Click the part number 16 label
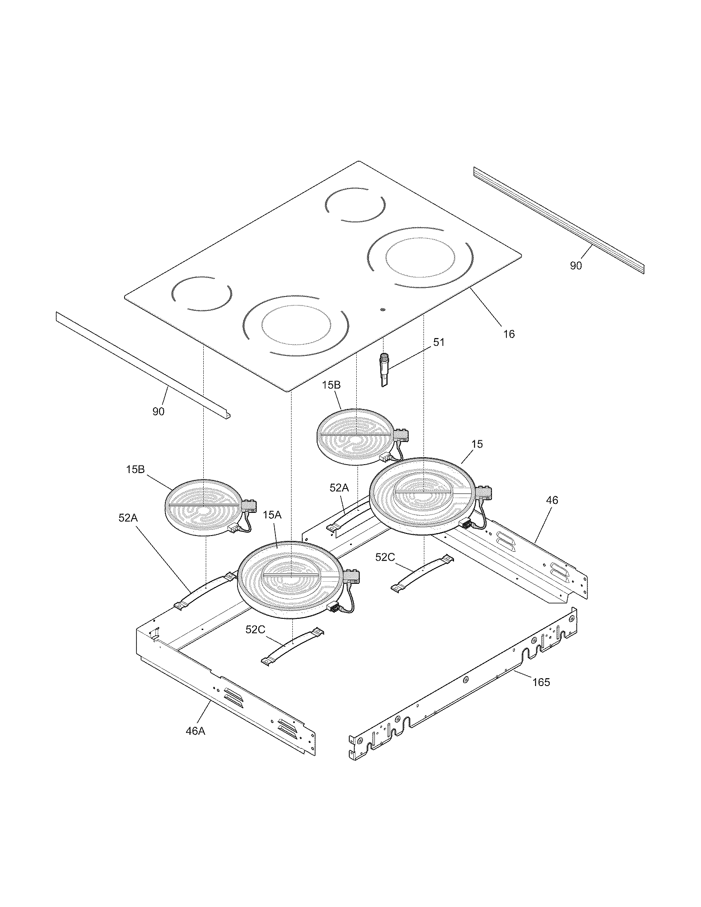click(x=509, y=334)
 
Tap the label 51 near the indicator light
click(x=439, y=343)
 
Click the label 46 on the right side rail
click(x=552, y=500)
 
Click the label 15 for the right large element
click(x=478, y=444)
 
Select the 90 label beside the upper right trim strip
click(x=576, y=266)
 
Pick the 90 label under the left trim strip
click(x=158, y=411)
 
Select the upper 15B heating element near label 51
click(x=355, y=435)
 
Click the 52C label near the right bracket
click(x=385, y=557)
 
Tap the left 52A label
click(x=128, y=517)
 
